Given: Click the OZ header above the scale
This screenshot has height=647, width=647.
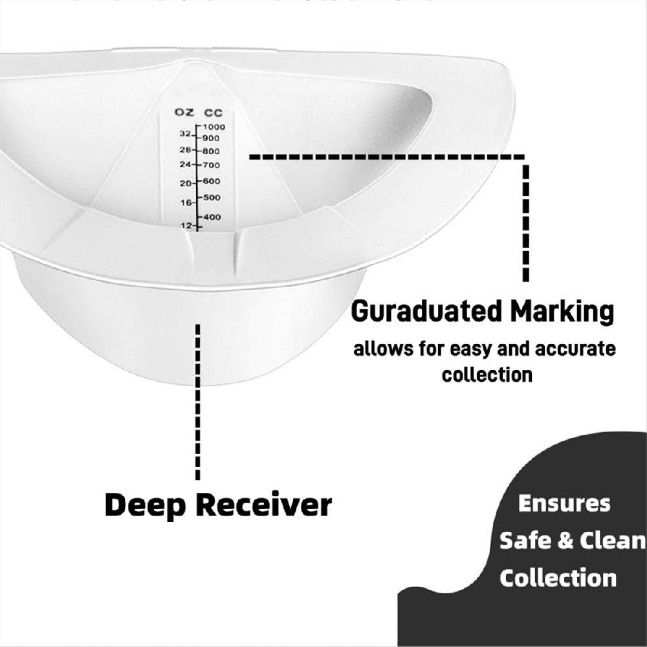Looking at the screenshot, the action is [184, 112].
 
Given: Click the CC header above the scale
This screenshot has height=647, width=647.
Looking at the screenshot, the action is [214, 113].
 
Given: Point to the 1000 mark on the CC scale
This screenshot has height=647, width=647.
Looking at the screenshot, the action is [214, 127].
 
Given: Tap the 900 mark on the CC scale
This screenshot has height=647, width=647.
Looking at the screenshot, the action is [211, 138].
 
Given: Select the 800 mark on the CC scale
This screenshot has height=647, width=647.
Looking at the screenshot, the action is [211, 151].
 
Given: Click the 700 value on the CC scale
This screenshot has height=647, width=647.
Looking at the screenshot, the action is [212, 166].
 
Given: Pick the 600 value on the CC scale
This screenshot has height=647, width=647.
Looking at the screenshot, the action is [212, 181].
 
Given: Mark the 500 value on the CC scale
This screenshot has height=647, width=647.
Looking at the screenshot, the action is [212, 197].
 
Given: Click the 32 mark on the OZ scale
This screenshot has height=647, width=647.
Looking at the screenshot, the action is [185, 134].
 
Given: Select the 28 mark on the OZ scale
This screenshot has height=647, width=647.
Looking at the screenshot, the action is [185, 150].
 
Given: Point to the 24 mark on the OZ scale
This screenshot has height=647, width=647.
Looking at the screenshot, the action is [185, 164].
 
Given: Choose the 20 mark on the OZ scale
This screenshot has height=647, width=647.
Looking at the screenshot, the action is [185, 183].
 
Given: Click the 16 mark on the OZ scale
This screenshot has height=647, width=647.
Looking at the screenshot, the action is [186, 203].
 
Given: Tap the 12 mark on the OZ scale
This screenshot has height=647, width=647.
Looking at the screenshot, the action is [186, 225].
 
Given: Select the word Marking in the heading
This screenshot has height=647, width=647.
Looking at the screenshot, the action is [563, 313].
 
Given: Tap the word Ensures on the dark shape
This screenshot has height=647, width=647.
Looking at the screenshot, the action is [564, 504].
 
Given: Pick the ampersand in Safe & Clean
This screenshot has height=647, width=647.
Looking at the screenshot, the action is [565, 540].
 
